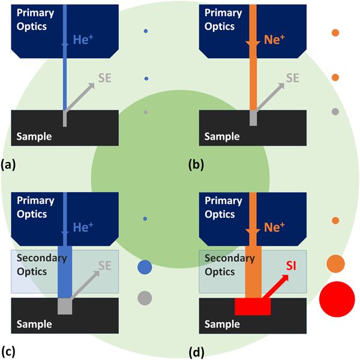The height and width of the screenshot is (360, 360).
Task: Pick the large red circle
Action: [338, 298]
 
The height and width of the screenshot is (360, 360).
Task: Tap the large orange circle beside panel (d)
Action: [335, 263]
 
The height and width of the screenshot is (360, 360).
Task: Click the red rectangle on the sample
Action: [253, 307]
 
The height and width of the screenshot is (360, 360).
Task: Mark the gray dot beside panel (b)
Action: [335, 112]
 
